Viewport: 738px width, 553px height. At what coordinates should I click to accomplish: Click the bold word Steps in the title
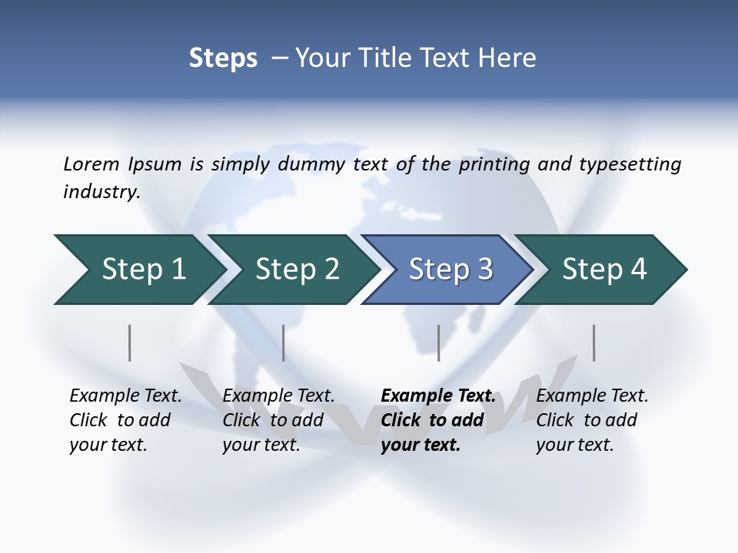tap(223, 58)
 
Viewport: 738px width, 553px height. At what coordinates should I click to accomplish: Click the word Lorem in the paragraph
tap(91, 164)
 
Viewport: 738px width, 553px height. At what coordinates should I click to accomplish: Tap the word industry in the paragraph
tap(101, 191)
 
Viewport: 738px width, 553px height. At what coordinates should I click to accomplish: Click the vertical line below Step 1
tap(130, 343)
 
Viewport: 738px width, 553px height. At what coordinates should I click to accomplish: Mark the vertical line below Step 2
tap(284, 343)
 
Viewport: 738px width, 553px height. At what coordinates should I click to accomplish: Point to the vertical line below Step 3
tap(438, 343)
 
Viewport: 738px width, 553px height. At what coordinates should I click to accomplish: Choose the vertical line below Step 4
tap(593, 343)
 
